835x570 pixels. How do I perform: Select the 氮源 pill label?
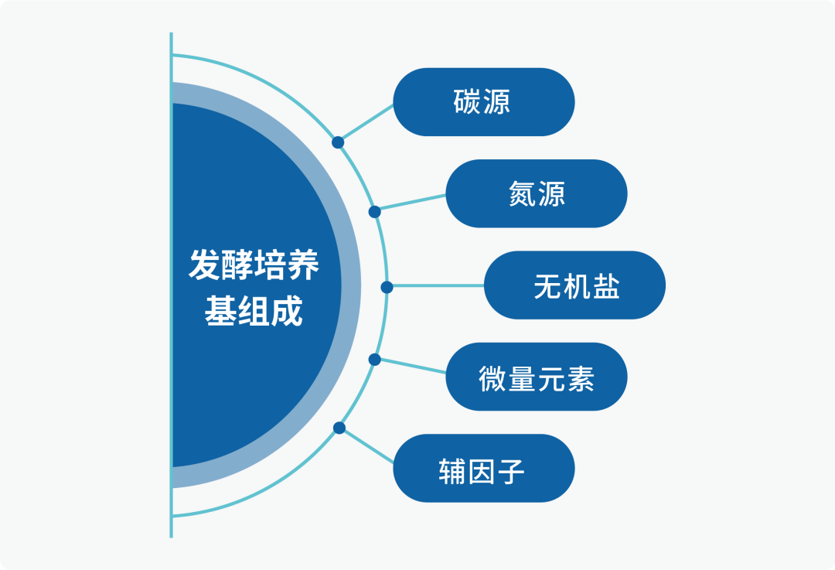click(537, 193)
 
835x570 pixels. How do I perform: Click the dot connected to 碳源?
click(338, 142)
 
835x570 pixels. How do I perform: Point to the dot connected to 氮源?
click(374, 211)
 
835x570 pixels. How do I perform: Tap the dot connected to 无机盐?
click(387, 287)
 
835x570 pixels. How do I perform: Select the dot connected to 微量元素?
click(374, 360)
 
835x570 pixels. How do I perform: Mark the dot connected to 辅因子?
click(339, 428)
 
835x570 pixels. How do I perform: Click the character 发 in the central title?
click(205, 265)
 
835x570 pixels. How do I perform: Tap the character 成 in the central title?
click(287, 310)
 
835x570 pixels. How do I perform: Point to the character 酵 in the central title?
click(237, 265)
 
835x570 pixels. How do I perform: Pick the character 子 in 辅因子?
click(511, 471)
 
